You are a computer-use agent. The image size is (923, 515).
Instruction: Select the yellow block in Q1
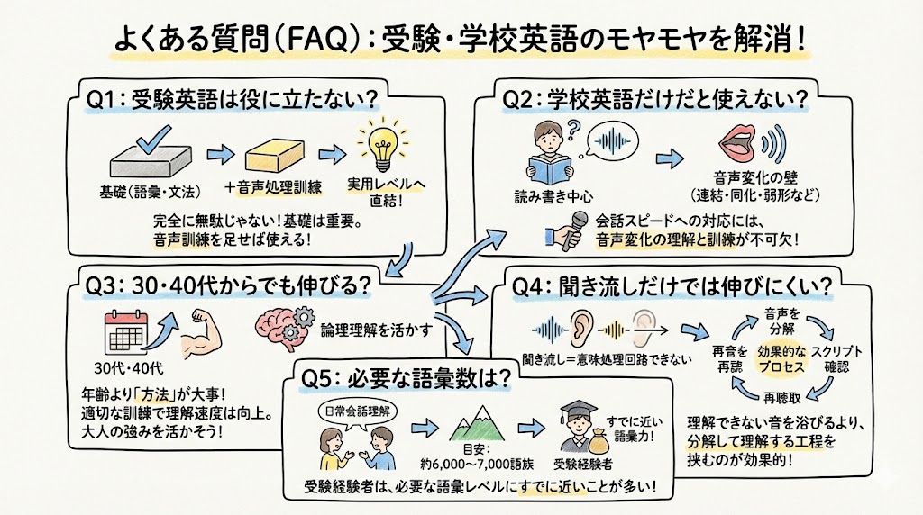[x=268, y=158]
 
